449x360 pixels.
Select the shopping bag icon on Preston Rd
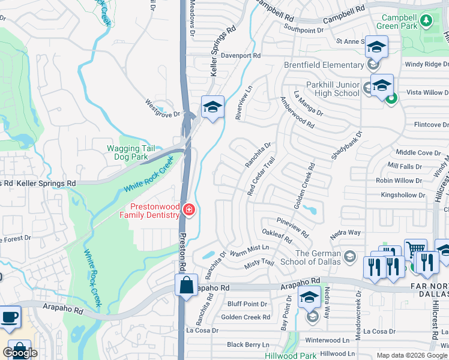pos(186,284)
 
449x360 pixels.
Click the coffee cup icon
pos(9,316)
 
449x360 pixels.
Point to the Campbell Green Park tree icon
pos(426,21)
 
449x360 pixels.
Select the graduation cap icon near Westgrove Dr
pos(212,107)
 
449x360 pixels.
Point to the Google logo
pos(20,353)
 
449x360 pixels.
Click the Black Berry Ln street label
pos(248,344)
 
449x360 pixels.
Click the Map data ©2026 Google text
pos(412,355)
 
